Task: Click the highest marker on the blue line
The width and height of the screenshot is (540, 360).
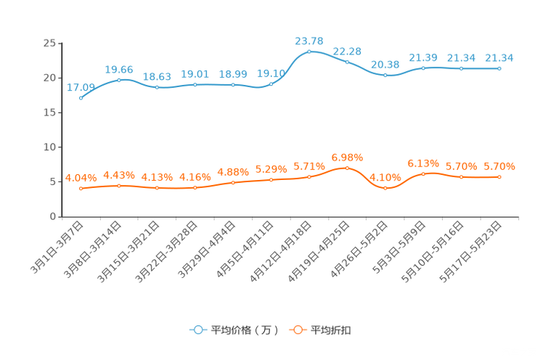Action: (x=309, y=52)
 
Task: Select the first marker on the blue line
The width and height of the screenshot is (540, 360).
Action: (x=81, y=98)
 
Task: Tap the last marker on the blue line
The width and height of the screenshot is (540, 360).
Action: (x=499, y=68)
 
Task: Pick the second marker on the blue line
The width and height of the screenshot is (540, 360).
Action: (x=119, y=79)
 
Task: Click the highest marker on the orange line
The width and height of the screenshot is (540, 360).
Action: (x=347, y=168)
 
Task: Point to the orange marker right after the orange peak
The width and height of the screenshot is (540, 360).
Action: (x=385, y=189)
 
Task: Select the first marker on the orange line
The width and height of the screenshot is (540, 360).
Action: (x=81, y=189)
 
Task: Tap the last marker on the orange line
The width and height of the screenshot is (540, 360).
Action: (x=499, y=176)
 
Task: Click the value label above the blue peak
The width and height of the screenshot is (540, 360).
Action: (x=308, y=40)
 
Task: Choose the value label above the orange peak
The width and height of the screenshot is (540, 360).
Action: (x=347, y=157)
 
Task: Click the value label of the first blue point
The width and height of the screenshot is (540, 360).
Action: (x=80, y=87)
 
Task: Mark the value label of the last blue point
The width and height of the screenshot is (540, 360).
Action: (x=499, y=57)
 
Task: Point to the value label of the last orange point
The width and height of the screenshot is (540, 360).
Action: (x=499, y=165)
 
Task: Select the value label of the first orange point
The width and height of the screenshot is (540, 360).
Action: (x=81, y=177)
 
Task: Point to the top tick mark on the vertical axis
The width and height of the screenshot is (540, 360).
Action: (x=60, y=44)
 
